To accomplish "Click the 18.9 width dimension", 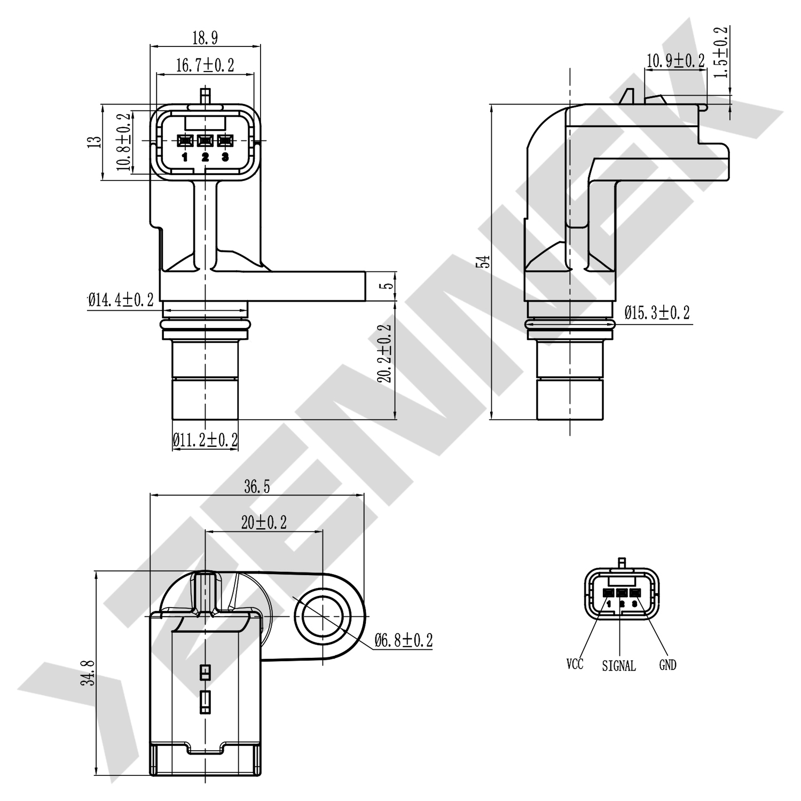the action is pos(205,37).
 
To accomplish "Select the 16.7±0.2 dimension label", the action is pos(205,65).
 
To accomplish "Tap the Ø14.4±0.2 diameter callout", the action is pos(121,300).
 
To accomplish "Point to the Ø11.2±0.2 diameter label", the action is pos(205,440).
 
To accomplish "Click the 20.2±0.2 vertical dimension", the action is pos(384,354).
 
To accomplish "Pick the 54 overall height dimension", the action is pos(484,261).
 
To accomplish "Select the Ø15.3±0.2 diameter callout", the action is pos(657,312).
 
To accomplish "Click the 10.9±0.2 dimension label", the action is pos(676,60).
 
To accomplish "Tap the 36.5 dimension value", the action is pos(257,486).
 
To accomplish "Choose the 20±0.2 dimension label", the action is pos(264,522).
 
